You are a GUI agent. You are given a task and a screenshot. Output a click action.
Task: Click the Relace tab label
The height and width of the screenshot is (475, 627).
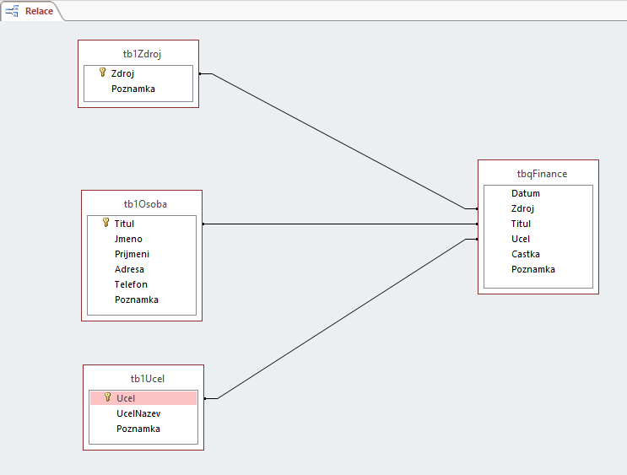(x=39, y=11)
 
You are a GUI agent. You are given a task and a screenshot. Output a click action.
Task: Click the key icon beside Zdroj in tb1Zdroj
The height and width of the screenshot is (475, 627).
(x=102, y=73)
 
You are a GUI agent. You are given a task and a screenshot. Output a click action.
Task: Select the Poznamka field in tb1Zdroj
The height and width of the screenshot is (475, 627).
(x=132, y=89)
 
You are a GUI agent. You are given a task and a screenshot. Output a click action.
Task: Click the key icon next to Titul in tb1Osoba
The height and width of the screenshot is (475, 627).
(x=105, y=223)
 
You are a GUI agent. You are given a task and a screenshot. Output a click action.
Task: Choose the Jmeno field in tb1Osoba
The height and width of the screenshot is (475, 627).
(x=128, y=239)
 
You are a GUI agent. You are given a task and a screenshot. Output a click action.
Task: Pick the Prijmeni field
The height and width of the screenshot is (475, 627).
(x=132, y=254)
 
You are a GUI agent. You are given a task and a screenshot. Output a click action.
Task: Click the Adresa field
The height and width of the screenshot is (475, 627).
(x=129, y=269)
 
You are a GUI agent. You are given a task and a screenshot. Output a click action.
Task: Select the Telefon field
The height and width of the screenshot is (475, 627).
(x=131, y=284)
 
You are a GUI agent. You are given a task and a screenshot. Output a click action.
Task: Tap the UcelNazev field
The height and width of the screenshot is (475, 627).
(x=138, y=413)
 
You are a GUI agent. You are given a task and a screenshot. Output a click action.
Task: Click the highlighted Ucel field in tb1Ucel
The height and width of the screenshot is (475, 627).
(x=126, y=398)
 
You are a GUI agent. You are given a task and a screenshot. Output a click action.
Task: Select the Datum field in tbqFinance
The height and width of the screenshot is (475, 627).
(x=525, y=193)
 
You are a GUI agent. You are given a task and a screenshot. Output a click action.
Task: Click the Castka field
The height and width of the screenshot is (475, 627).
(x=525, y=254)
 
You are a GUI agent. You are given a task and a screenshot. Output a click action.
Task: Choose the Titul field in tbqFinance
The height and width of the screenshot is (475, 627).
(x=521, y=224)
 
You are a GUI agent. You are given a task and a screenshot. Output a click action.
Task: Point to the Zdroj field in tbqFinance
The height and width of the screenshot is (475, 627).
(x=522, y=208)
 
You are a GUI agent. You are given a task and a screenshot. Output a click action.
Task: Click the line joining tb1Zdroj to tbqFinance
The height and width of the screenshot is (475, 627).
(x=338, y=141)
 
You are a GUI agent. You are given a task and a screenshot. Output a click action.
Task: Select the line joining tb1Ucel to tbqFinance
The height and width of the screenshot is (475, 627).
(x=338, y=318)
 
